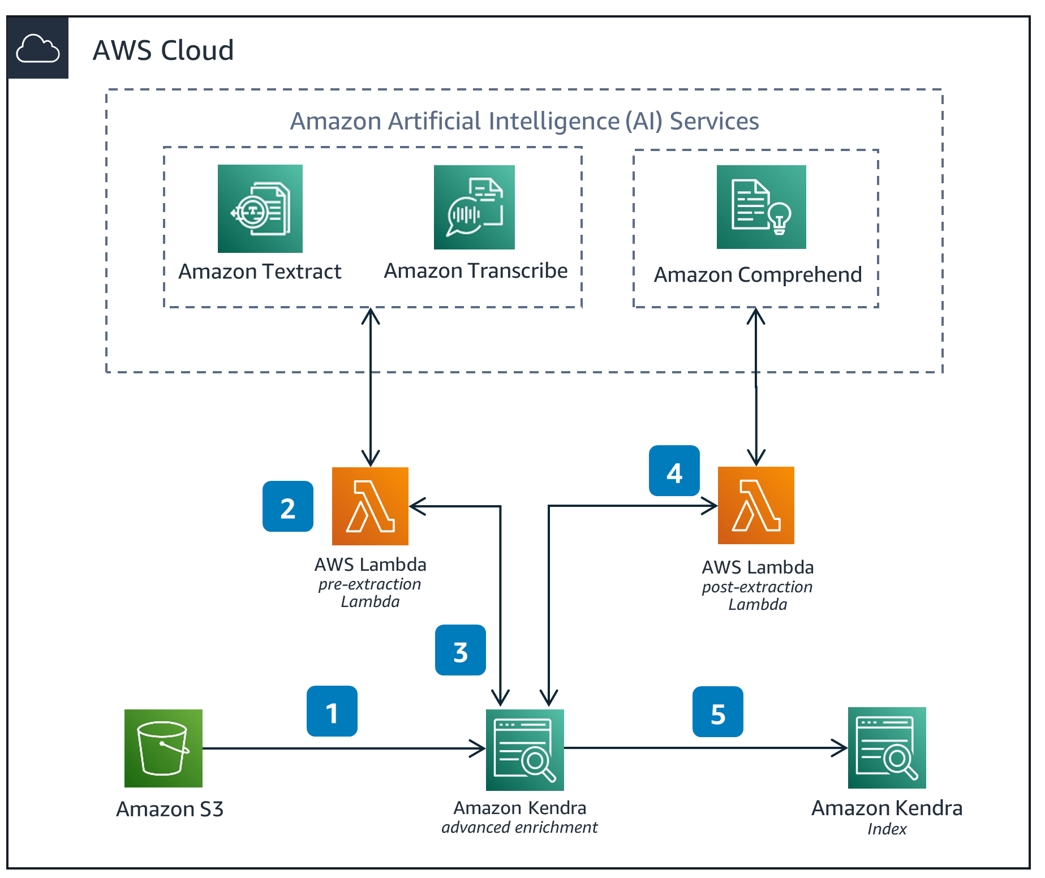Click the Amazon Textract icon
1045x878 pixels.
click(x=260, y=208)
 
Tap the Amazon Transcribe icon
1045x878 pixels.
click(x=474, y=207)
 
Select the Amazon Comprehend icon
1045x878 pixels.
click(x=761, y=207)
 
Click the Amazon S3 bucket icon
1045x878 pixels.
click(x=164, y=748)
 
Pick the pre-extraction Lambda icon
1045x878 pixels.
click(x=370, y=506)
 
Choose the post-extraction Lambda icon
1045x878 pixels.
click(x=756, y=505)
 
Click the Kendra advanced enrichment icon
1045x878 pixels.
click(x=524, y=750)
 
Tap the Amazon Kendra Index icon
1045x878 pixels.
click(x=887, y=747)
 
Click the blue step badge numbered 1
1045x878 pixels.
click(x=332, y=711)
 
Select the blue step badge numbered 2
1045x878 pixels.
click(x=288, y=506)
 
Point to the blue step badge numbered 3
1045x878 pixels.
click(x=461, y=650)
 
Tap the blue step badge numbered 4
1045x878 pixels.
click(x=674, y=471)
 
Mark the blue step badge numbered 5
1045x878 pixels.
click(x=718, y=712)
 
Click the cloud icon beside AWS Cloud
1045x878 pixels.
click(x=38, y=48)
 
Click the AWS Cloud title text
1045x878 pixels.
click(x=163, y=50)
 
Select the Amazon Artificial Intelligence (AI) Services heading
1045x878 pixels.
click(x=524, y=121)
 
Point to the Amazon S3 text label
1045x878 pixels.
click(x=170, y=809)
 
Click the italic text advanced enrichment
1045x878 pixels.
click(x=519, y=827)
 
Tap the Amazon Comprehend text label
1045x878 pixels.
click(x=758, y=274)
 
